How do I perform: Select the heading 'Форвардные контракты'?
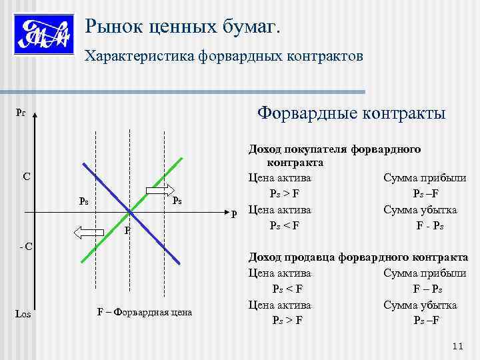[352, 113]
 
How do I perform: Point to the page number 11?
[457, 345]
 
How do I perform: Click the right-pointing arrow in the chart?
[159, 191]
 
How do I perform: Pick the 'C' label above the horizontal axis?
[25, 177]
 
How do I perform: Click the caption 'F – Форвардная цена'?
[145, 312]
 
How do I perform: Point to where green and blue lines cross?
[130, 212]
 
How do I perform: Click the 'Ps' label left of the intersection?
[84, 201]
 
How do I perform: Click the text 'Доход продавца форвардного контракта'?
[358, 257]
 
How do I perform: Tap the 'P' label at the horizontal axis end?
[234, 214]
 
